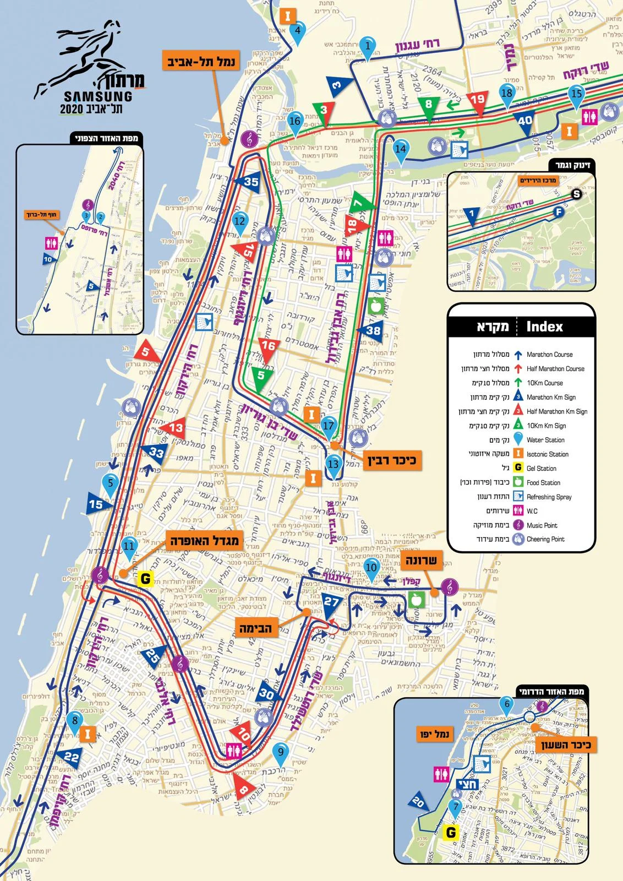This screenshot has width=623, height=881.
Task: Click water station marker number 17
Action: coord(329,426)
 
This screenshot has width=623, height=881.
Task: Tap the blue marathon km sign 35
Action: coord(249,182)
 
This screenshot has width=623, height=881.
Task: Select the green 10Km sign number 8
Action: coord(429,105)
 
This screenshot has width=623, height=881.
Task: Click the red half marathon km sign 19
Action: coord(477,101)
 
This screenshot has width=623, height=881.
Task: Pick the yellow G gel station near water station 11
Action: coord(145,579)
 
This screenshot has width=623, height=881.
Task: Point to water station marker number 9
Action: coord(281,752)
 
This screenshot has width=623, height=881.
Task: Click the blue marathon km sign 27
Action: coord(331,602)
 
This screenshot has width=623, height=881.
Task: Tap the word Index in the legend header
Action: coord(544,327)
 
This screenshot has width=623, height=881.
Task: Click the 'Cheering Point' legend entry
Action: coord(545,540)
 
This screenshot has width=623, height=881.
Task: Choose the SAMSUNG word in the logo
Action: coord(98,96)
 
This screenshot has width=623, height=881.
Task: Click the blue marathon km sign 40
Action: coord(524,121)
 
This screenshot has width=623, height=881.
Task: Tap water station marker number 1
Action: coord(368,46)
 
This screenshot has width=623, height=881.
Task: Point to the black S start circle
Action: coord(576,194)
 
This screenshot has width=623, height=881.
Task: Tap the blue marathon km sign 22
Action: coord(71,757)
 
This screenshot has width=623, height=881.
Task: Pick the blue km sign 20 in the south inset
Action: coord(418,802)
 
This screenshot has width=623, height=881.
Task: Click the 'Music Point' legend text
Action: coord(542,525)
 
